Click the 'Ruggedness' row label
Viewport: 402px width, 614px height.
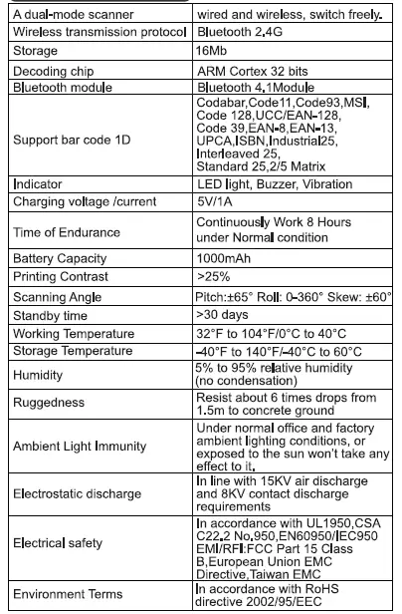(x=47, y=404)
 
